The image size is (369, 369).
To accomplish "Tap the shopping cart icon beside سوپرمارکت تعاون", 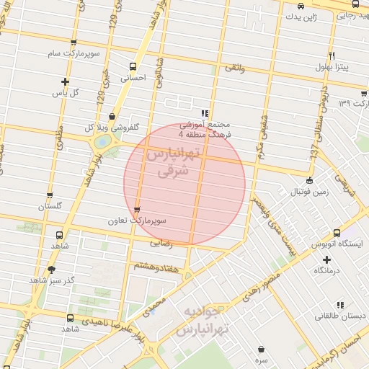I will pyautogui.click(x=136, y=210).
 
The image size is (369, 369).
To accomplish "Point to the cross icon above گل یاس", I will pyautogui.click(x=66, y=81).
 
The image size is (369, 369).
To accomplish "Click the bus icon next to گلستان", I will pyautogui.click(x=50, y=195).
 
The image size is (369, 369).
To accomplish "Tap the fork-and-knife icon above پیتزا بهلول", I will pyautogui.click(x=332, y=55).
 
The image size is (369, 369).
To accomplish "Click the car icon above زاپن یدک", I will pyautogui.click(x=299, y=6).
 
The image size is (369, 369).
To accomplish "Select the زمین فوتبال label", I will pyautogui.click(x=309, y=192).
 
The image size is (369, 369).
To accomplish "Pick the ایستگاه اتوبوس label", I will pyautogui.click(x=339, y=245).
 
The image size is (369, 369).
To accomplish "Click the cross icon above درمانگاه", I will pyautogui.click(x=326, y=259).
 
